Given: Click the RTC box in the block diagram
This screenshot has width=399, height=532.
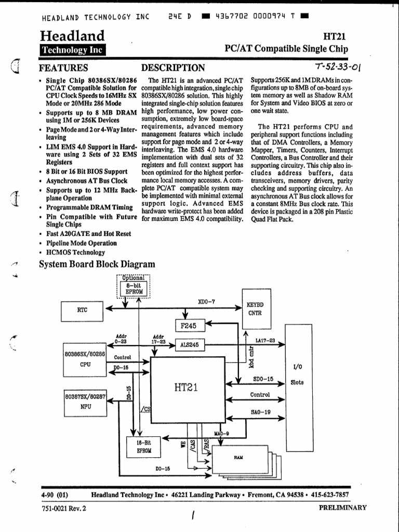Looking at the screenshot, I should tap(83, 310).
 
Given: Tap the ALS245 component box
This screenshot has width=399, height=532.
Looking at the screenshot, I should tap(189, 344).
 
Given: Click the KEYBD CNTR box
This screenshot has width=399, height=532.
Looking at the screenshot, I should tap(255, 309).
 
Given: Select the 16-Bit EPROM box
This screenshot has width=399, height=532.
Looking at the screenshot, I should tap(144, 447).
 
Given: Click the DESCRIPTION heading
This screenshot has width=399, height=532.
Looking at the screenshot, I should tap(173, 68).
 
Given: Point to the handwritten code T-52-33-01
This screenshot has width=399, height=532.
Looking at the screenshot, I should tap(338, 68).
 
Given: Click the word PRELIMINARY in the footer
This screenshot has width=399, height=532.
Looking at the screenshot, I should tap(342, 508).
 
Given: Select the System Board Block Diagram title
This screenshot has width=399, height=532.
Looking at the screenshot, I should tap(97, 264).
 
